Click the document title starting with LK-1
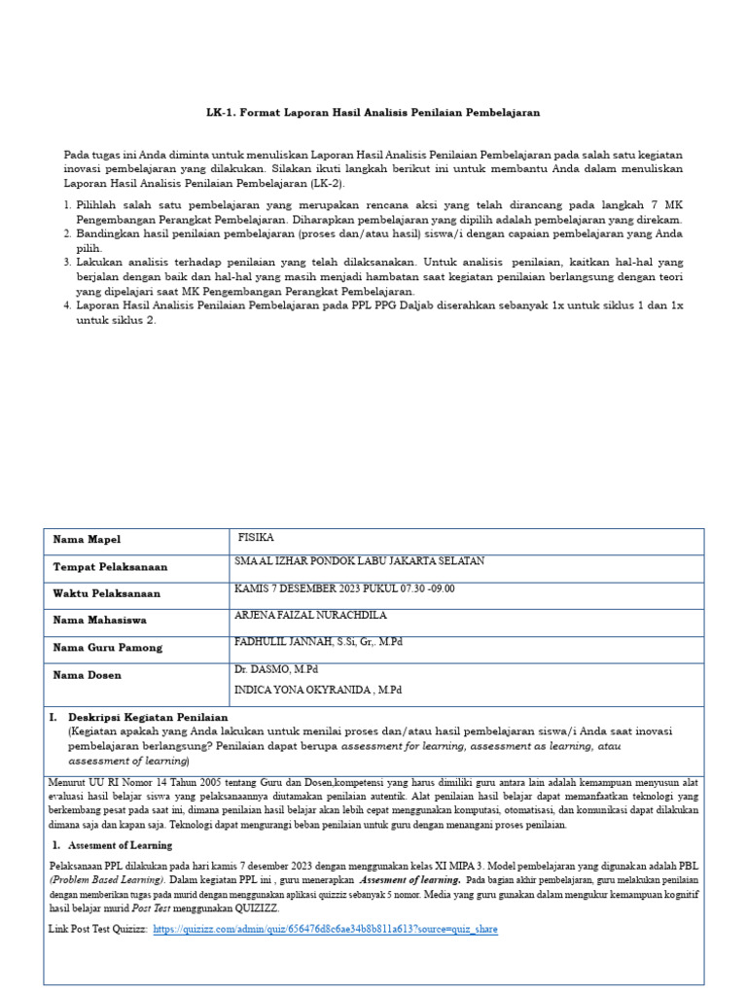pos(373,113)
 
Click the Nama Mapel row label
pos(87,540)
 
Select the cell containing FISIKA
pos(257,537)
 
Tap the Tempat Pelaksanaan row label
pos(110,567)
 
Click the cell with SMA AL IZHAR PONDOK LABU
pos(359,561)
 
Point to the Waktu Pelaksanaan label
pos(107,593)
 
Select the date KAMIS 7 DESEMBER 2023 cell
pos(344,588)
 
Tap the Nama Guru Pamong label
pos(108,648)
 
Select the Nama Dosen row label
pos(88,675)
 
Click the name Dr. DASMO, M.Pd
pos(276,670)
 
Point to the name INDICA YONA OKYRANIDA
pos(318,690)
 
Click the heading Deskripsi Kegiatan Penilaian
pos(148,717)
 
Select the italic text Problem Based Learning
pos(106,879)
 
